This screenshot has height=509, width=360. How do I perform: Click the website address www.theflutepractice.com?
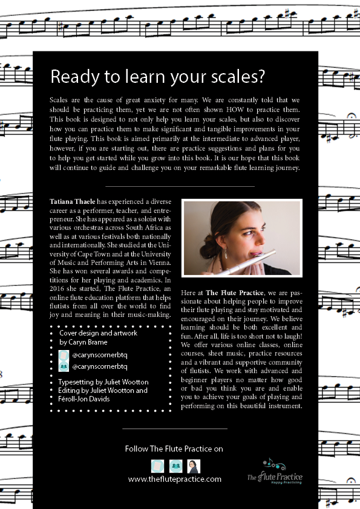click(175, 479)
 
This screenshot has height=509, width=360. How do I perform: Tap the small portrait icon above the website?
click(194, 466)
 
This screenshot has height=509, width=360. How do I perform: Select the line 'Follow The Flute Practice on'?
click(174, 449)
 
